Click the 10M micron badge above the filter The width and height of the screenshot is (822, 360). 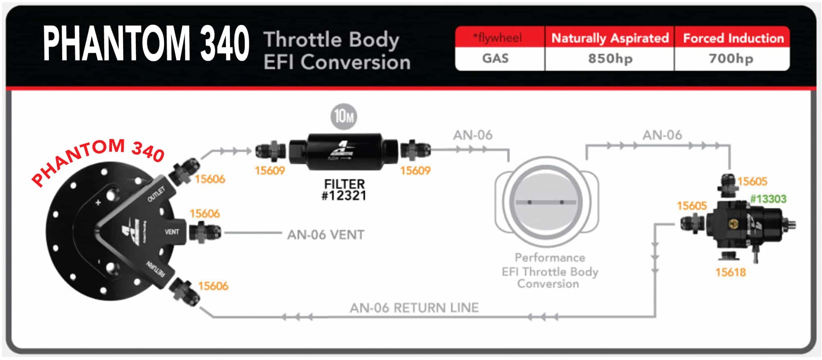coord(343,116)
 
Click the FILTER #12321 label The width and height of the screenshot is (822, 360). coord(344,190)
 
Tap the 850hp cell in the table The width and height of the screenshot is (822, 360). coord(610,59)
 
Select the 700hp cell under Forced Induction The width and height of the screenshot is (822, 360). coord(731,59)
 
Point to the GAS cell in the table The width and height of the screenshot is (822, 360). coord(495,59)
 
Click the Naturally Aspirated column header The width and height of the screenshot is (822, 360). coord(610,38)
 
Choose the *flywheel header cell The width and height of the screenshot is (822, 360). coord(497,38)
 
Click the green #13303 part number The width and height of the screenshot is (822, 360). coord(768,199)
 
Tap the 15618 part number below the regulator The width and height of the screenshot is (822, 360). coord(730,272)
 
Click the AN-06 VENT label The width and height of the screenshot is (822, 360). coord(325,235)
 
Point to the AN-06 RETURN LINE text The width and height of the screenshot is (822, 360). coord(414,308)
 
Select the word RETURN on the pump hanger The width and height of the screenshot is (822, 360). coord(155,269)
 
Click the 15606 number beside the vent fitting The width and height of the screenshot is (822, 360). coord(204,213)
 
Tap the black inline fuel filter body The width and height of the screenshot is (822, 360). coord(344,151)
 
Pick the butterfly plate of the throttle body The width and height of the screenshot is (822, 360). coord(546,202)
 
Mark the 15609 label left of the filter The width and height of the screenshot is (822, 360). coord(269,171)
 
